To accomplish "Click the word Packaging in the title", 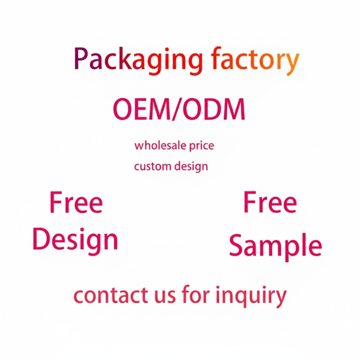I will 138,60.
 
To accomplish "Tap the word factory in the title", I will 255,60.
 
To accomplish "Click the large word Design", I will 75,240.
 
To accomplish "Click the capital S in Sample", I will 237,245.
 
